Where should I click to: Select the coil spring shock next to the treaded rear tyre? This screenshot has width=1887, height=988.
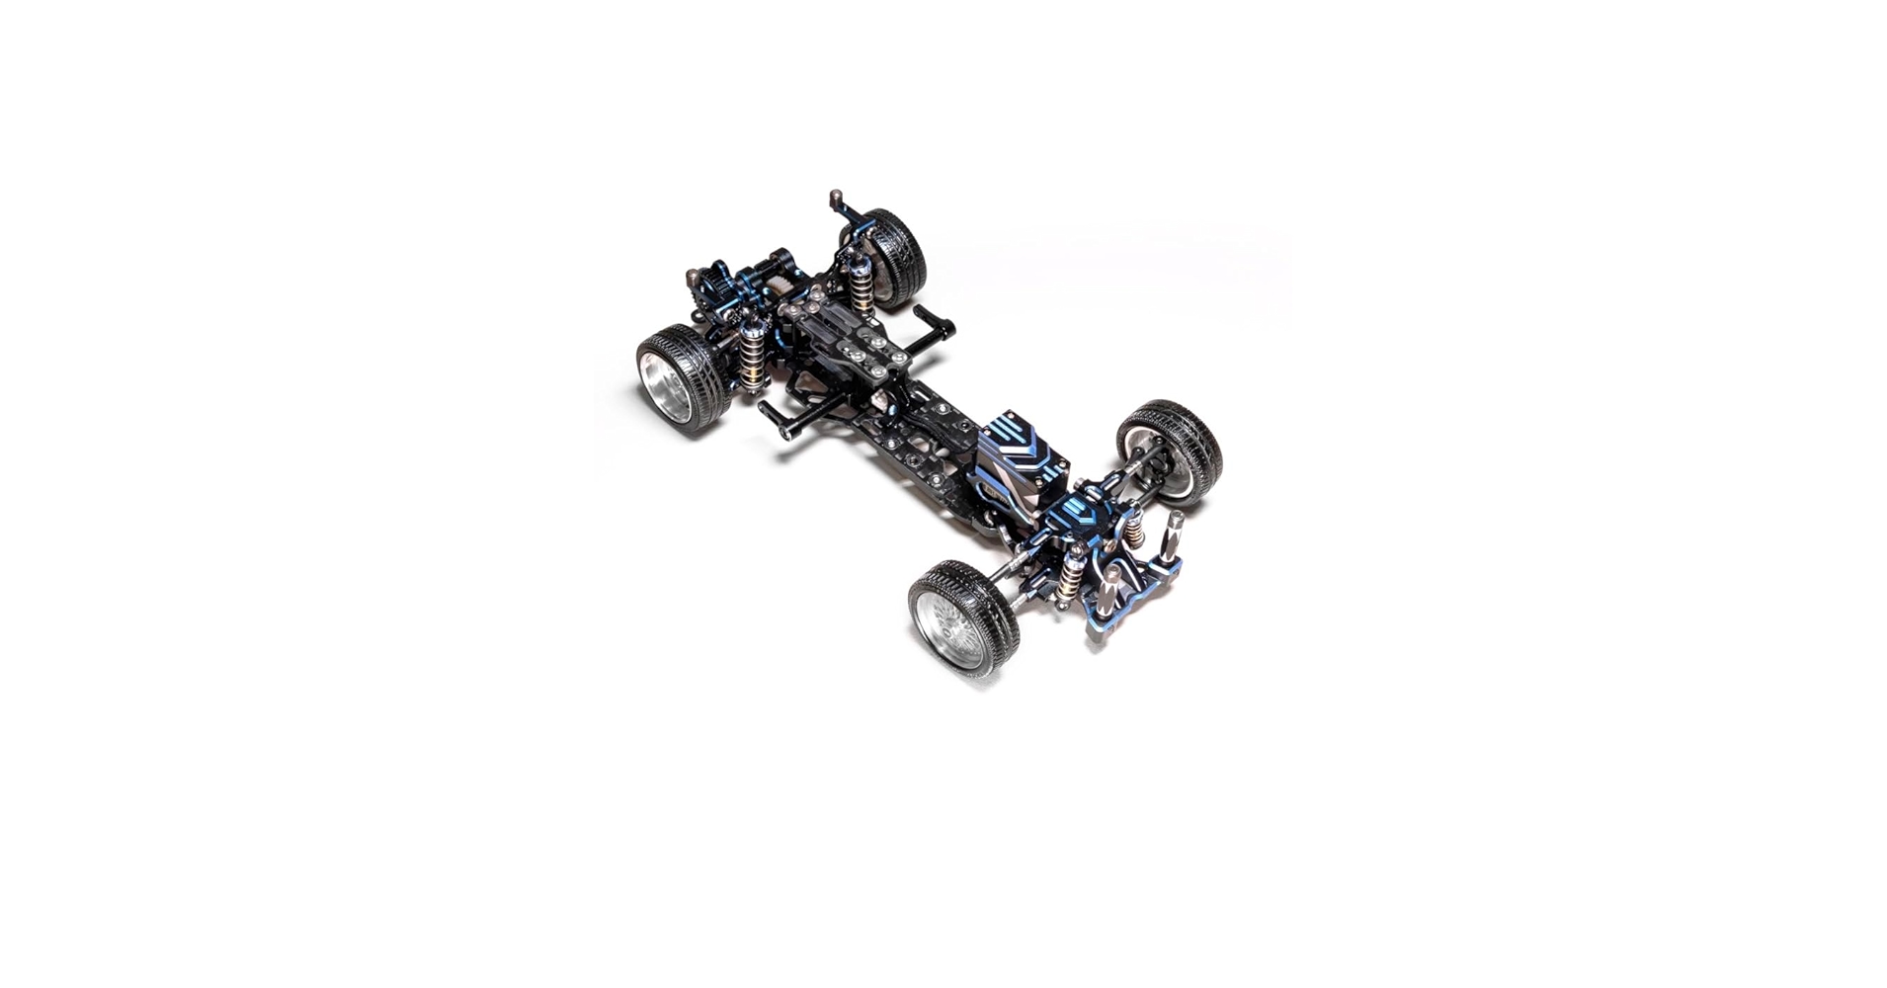861,283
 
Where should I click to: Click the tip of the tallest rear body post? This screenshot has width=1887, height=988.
835,196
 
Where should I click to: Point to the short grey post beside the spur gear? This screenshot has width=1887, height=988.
693,276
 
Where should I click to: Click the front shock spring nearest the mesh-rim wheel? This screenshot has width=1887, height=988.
1069,575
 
